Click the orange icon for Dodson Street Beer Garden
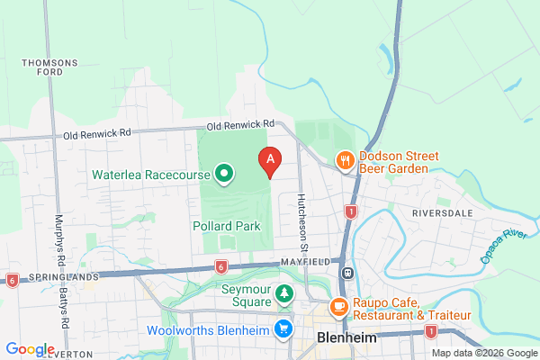(345, 161)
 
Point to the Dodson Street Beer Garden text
(398, 162)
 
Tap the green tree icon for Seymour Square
(284, 293)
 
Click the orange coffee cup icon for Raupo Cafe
(339, 307)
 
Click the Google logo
(30, 349)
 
